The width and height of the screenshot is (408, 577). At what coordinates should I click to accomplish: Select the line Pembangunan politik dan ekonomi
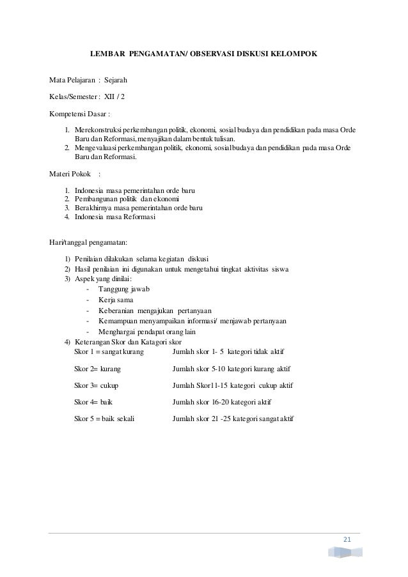point(127,199)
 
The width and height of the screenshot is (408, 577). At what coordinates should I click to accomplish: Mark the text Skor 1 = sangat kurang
point(109,352)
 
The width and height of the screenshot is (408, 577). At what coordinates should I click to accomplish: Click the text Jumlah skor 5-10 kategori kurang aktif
point(236,369)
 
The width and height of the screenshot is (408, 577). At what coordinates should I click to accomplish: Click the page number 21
point(347,542)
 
